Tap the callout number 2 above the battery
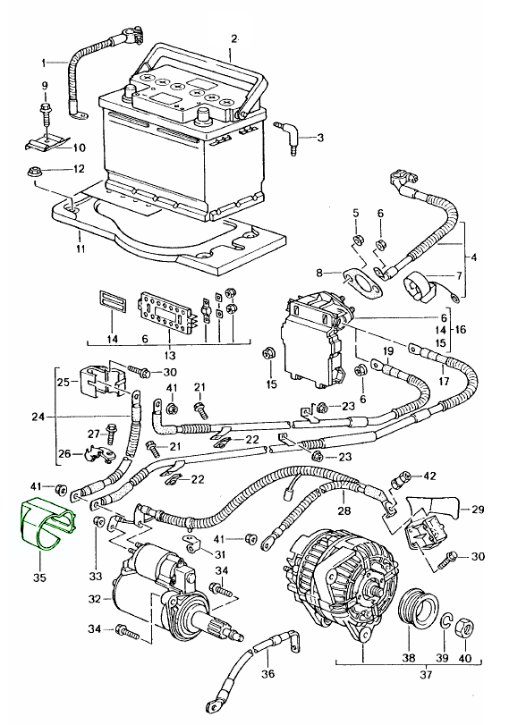point(234,38)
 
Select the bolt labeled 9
point(46,113)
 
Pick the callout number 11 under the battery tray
point(81,249)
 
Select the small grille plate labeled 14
point(112,303)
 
